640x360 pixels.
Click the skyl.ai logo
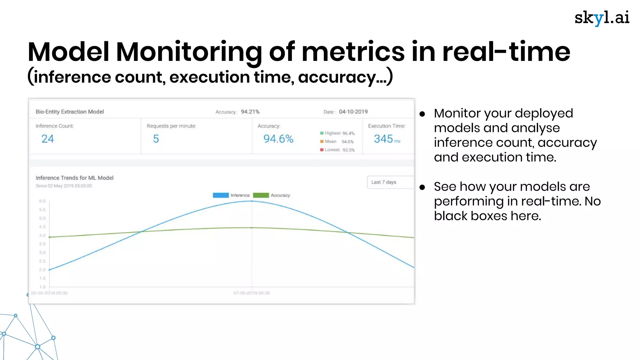(x=602, y=18)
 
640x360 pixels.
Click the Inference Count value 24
(x=47, y=139)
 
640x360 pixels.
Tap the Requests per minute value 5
(x=156, y=139)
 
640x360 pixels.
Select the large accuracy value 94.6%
(x=278, y=139)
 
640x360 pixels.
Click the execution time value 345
(x=383, y=139)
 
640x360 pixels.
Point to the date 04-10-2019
(x=353, y=112)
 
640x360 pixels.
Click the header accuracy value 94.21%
(x=250, y=112)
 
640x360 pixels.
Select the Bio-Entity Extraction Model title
(x=70, y=112)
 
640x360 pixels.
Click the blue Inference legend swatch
(x=221, y=195)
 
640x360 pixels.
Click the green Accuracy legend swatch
(x=261, y=195)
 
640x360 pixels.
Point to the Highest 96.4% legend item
(x=337, y=133)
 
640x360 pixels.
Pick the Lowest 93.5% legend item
(x=337, y=150)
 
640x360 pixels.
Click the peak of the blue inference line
(x=252, y=201)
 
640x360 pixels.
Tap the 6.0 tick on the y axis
(x=42, y=201)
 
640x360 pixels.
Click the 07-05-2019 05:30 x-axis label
(x=252, y=293)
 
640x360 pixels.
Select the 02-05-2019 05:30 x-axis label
(x=49, y=293)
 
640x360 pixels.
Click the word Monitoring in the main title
(x=189, y=52)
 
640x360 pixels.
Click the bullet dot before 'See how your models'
(x=422, y=187)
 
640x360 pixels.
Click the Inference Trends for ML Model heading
(x=74, y=178)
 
